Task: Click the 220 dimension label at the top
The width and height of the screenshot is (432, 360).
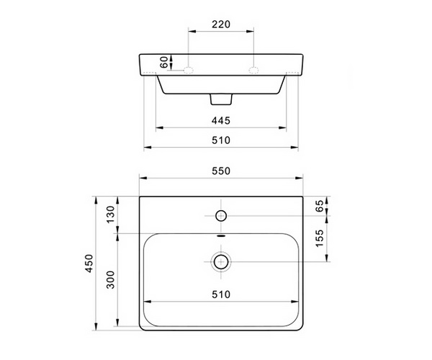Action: pyautogui.click(x=221, y=24)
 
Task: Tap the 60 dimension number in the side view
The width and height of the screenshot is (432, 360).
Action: pyautogui.click(x=164, y=62)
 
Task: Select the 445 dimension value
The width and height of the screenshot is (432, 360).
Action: pyautogui.click(x=221, y=121)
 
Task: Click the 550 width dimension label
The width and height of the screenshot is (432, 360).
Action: pyautogui.click(x=221, y=171)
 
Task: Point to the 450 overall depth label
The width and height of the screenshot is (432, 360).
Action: pyautogui.click(x=89, y=264)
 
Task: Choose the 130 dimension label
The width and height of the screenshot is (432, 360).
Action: pyautogui.click(x=110, y=215)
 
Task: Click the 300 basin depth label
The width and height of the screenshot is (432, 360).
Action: pyautogui.click(x=110, y=279)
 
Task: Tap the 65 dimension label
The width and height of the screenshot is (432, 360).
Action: pyautogui.click(x=320, y=206)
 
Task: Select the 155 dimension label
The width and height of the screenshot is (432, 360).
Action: pyautogui.click(x=320, y=238)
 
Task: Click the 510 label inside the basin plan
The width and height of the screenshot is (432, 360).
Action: pyautogui.click(x=221, y=294)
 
